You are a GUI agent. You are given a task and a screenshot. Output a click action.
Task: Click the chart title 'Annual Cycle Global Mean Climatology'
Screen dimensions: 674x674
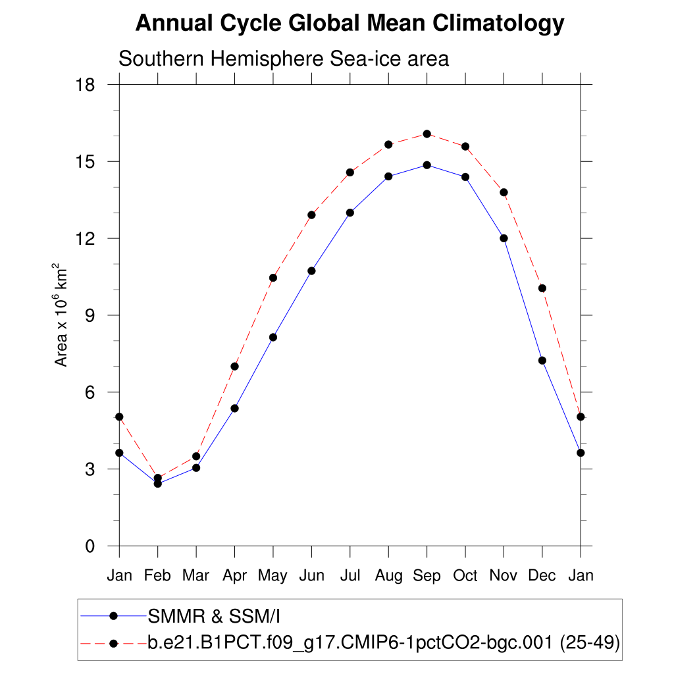(x=350, y=24)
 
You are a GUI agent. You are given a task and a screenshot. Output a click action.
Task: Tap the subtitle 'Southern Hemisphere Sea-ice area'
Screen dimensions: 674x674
(x=283, y=59)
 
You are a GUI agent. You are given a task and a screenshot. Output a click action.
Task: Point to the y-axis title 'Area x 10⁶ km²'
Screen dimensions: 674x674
(x=61, y=315)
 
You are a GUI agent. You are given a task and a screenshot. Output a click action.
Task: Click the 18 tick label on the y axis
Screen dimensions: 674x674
(x=86, y=85)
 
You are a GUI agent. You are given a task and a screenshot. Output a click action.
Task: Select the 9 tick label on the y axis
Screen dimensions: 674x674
(x=91, y=315)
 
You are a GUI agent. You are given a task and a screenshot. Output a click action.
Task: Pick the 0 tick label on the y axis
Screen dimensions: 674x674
(x=91, y=546)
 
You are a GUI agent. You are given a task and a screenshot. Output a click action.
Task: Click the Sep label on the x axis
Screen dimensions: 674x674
(x=427, y=576)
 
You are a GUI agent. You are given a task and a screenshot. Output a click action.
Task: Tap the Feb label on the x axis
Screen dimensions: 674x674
(x=157, y=576)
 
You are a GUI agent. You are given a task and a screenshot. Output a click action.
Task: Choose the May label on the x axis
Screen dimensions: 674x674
(x=272, y=576)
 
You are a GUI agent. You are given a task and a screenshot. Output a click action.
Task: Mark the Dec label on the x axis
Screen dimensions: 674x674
(x=542, y=576)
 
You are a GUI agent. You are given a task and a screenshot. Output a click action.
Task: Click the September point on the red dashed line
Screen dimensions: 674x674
(x=427, y=134)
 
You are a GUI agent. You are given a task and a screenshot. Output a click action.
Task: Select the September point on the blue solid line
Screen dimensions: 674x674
(x=427, y=165)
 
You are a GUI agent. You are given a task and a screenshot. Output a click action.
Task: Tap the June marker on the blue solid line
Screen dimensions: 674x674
(x=311, y=271)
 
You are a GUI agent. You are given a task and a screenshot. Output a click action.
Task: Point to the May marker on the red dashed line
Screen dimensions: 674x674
(x=273, y=278)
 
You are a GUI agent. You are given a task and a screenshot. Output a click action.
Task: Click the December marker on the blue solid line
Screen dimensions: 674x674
(x=542, y=360)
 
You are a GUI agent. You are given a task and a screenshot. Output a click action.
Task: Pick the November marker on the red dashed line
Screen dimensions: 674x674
(x=504, y=192)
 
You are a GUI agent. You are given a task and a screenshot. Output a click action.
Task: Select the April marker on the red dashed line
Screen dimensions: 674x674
(x=234, y=366)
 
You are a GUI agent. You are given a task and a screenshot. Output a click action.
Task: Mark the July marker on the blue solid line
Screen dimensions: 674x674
(x=350, y=213)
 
